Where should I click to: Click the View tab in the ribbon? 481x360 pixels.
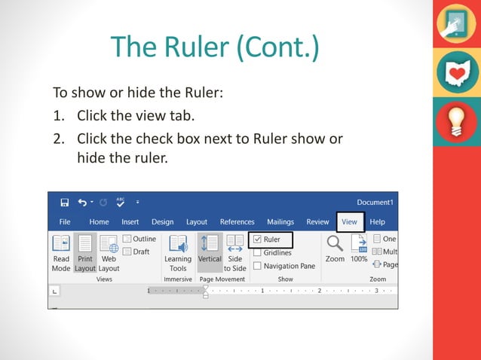pyautogui.click(x=350, y=222)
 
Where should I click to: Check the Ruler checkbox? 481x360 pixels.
pyautogui.click(x=257, y=240)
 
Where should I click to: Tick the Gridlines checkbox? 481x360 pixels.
pyautogui.click(x=257, y=253)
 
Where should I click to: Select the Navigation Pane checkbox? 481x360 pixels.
pyautogui.click(x=257, y=266)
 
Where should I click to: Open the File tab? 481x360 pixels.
pyautogui.click(x=65, y=222)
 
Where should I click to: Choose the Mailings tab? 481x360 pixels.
pyautogui.click(x=280, y=222)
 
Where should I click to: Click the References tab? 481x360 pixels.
pyautogui.click(x=237, y=222)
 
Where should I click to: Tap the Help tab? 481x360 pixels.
pyautogui.click(x=377, y=222)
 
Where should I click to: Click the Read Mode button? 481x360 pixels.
pyautogui.click(x=61, y=252)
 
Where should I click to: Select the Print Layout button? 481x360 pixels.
pyautogui.click(x=85, y=252)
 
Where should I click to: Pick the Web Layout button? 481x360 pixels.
pyautogui.click(x=109, y=252)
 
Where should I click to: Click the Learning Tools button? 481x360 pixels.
pyautogui.click(x=178, y=252)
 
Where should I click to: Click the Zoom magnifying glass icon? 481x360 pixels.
pyautogui.click(x=335, y=243)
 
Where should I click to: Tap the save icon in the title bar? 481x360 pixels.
pyautogui.click(x=65, y=203)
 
